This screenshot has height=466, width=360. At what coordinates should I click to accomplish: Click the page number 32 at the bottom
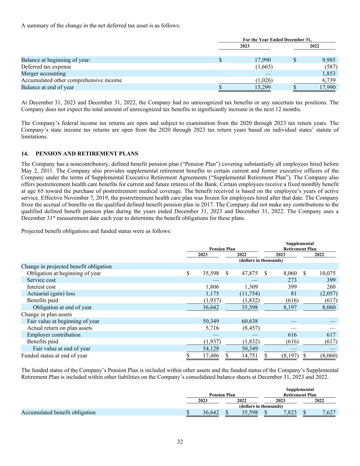click(180, 442)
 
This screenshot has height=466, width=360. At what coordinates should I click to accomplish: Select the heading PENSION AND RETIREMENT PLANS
click(87, 154)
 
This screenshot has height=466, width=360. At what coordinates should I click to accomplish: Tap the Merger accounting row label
click(43, 73)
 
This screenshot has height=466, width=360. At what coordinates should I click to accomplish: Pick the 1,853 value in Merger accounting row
click(329, 73)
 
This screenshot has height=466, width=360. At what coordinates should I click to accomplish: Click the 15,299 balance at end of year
click(263, 87)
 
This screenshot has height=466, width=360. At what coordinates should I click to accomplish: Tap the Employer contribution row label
click(54, 335)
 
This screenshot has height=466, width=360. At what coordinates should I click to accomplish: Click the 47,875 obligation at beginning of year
click(249, 273)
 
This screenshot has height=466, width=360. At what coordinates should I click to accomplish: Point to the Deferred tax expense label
click(46, 67)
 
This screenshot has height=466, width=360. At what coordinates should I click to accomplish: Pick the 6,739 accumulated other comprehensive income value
click(329, 80)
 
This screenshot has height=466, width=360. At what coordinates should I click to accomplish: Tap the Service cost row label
click(41, 280)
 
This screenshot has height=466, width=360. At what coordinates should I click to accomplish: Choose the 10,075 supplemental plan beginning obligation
click(327, 273)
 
